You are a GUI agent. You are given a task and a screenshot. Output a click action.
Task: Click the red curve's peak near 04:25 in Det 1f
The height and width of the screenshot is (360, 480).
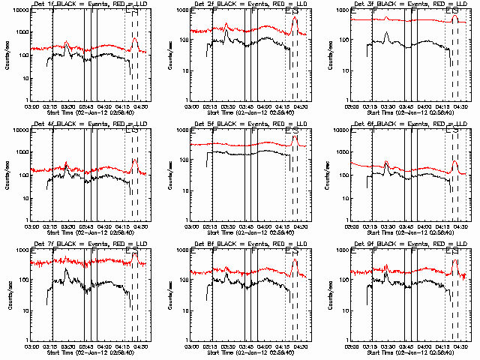click(x=135, y=38)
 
